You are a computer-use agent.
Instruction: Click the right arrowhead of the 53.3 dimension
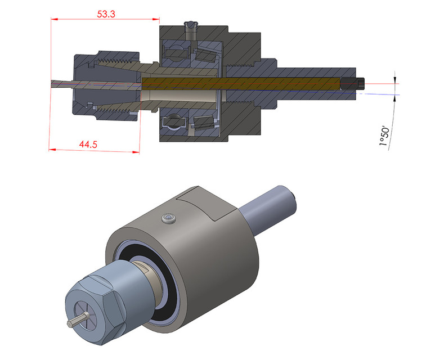pos(155,19)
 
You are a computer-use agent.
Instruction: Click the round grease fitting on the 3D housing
pos(167,218)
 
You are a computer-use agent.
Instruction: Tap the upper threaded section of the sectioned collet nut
pos(115,58)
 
